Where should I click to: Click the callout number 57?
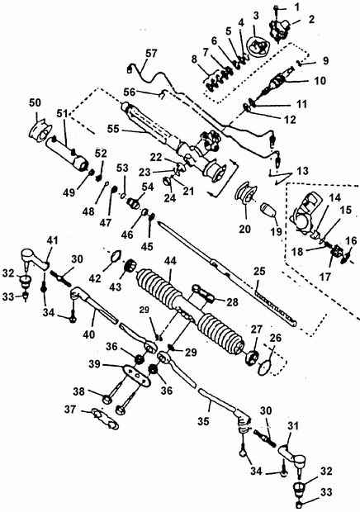point(151,54)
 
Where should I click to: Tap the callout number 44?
point(171,261)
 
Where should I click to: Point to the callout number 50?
point(35,102)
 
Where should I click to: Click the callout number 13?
point(303,170)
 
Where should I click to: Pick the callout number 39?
point(96,364)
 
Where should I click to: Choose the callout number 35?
point(203,421)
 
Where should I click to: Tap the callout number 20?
point(244,229)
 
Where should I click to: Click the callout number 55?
point(114,128)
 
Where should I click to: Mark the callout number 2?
point(311,19)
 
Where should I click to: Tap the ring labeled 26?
point(265,367)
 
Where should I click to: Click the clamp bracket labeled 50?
point(40,131)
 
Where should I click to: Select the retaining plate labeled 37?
point(105,418)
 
